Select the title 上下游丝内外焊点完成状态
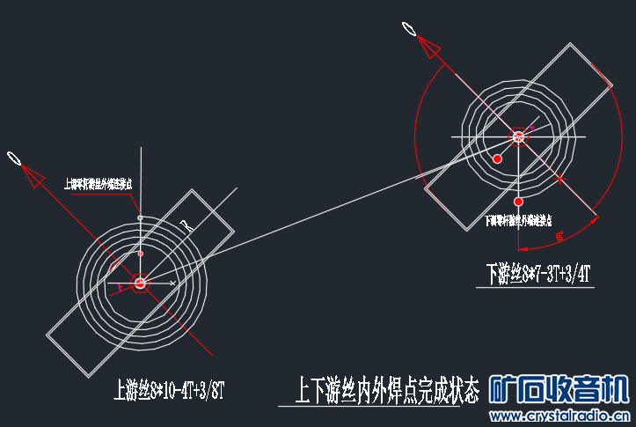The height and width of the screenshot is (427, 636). (387, 389)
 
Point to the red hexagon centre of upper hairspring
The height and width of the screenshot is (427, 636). (139, 283)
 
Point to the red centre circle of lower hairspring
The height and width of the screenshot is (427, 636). (518, 136)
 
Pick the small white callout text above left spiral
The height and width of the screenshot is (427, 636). (98, 184)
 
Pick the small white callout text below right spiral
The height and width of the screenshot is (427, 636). (519, 221)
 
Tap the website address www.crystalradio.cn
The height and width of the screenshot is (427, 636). (561, 415)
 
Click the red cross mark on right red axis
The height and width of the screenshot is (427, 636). (560, 180)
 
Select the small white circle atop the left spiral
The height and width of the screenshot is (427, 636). (139, 217)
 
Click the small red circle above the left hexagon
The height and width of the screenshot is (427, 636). (139, 254)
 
